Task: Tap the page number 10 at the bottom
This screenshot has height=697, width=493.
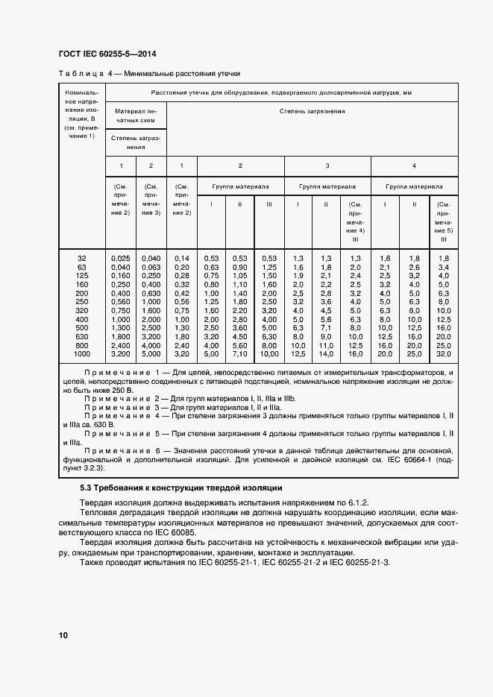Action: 63,635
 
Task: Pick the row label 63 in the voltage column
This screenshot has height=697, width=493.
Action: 82,267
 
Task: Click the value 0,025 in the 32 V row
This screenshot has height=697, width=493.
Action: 120,258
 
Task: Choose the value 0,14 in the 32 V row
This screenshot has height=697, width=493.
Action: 182,258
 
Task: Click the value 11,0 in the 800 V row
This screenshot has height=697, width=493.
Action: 326,346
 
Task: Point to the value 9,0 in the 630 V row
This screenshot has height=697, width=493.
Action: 326,337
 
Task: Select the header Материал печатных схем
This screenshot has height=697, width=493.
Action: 136,115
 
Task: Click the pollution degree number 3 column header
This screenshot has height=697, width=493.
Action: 327,165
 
